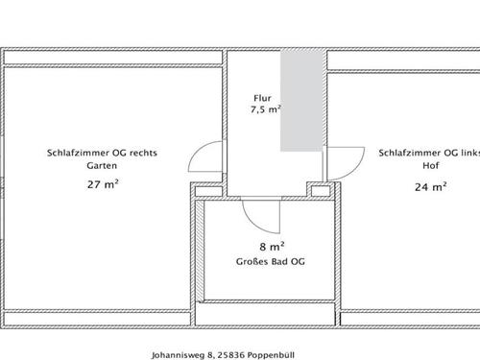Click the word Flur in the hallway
[262, 98]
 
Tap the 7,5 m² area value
[266, 109]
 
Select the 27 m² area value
[103, 184]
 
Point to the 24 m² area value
[431, 187]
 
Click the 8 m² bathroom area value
[272, 247]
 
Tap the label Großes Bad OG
[271, 262]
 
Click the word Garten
[102, 166]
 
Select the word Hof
[431, 166]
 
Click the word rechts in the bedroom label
[143, 153]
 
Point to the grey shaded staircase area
[301, 101]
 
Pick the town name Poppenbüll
[271, 355]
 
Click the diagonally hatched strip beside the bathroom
[200, 251]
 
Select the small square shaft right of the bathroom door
[321, 191]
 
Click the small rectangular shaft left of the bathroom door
[208, 191]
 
